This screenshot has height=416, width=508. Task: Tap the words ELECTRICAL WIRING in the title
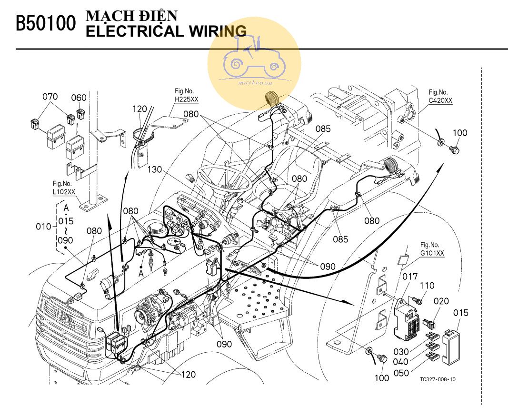coord(166,31)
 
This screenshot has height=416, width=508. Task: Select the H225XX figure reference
coord(186,99)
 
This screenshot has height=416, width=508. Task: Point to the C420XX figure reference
coord(440,100)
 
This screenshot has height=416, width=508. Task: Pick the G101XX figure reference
coord(432,254)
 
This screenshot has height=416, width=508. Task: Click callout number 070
coord(50,97)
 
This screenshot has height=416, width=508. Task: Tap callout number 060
coord(79,98)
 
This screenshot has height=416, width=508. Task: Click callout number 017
coord(409,277)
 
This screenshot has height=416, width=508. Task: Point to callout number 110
coord(427,286)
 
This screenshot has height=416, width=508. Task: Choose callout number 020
coord(441,301)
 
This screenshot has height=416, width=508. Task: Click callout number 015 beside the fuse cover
coord(460,313)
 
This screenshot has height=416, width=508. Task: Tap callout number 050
coord(401,373)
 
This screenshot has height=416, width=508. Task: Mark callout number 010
coord(42,226)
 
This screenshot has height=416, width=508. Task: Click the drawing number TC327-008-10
coord(438,380)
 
